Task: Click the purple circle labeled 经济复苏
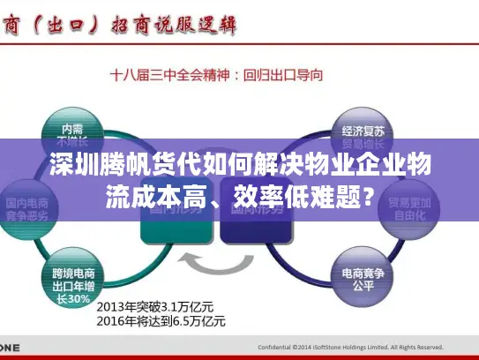[356, 131]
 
